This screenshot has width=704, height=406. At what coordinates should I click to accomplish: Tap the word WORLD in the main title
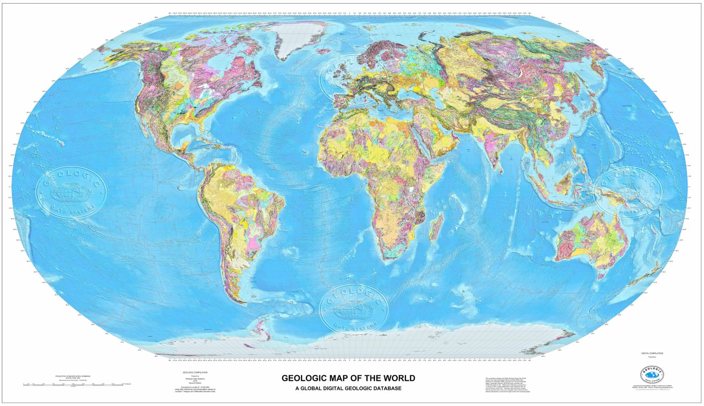[x=398, y=378]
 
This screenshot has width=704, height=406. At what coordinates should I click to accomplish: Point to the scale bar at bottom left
[x=73, y=384]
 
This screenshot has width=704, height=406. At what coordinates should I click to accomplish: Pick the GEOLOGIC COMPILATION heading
[x=195, y=372]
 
